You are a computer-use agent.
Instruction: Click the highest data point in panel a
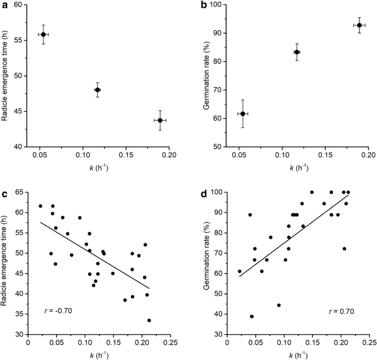[x=43, y=34]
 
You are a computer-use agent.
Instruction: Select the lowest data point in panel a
[x=160, y=120]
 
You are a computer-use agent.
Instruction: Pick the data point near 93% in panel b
[x=359, y=25]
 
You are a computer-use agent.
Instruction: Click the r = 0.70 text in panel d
[x=342, y=311]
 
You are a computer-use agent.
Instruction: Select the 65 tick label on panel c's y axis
[x=20, y=192]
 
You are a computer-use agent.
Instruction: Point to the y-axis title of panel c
[x=8, y=263]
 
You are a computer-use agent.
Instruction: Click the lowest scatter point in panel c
[x=149, y=320]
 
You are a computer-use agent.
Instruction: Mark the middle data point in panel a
[x=97, y=90]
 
